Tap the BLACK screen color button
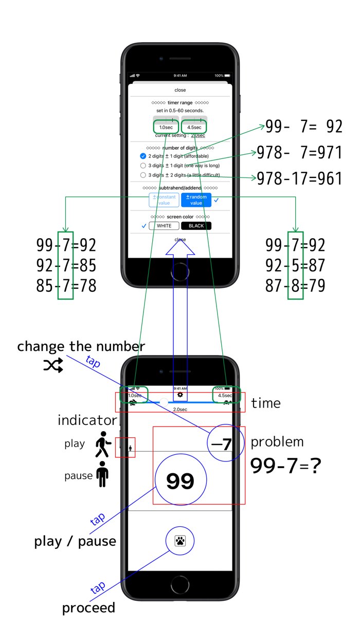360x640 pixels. pos(196,226)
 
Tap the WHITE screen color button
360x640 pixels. pos(164,226)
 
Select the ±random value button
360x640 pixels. pos(196,200)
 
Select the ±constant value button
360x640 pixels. pos(164,200)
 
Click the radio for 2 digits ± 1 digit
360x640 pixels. pos(143,156)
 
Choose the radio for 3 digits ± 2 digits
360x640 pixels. pos(143,175)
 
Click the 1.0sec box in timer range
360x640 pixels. pos(166,127)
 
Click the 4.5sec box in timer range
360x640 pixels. pos(194,127)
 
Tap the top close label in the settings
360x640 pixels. pos(180,90)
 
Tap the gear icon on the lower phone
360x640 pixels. pos(180,395)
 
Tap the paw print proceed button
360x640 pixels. pos(180,541)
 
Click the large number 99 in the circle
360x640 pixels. pos(180,481)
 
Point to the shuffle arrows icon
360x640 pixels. pos(53,365)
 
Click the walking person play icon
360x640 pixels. pos(103,445)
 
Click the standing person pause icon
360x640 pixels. pos(102,474)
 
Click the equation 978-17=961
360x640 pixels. pos(299,179)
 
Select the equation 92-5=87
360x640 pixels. pos(295,265)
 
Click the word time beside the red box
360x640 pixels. pos(266,403)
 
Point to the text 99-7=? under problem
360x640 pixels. pos(285,466)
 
